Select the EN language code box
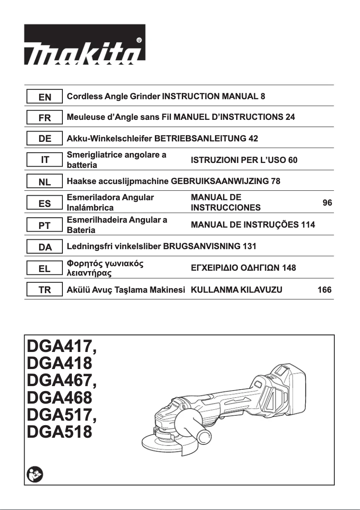click(45, 97)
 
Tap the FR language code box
click(45, 118)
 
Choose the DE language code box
click(45, 139)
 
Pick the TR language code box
click(45, 290)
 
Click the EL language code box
click(45, 268)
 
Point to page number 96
click(327, 203)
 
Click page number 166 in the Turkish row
click(325, 290)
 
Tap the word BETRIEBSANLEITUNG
click(200, 139)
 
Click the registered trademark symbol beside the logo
click(139, 40)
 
